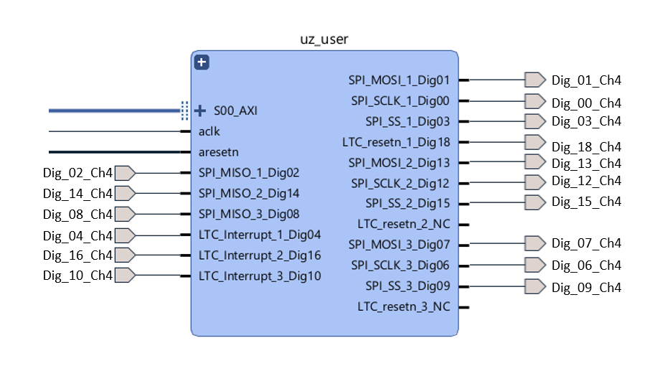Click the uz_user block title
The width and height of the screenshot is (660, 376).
(x=324, y=39)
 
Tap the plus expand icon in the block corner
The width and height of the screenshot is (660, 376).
(x=202, y=62)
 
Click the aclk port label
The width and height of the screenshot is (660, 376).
(x=209, y=132)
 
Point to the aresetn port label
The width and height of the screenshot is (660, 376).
(x=219, y=152)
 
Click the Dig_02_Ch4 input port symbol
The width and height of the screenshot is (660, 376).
(x=126, y=173)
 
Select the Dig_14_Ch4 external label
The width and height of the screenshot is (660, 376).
(x=77, y=194)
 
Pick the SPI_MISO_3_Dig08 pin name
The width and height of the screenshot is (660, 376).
(x=249, y=214)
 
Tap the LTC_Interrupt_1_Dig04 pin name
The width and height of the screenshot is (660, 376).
(x=260, y=235)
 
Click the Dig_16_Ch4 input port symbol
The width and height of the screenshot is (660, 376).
(x=126, y=255)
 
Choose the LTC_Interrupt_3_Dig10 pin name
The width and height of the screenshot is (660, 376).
(x=260, y=276)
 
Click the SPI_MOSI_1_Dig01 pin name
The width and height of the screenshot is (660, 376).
(x=399, y=80)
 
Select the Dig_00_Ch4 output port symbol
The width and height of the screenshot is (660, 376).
(x=535, y=100)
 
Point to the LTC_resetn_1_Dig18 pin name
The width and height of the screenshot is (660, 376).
(x=396, y=142)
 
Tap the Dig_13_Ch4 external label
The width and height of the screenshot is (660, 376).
(x=586, y=163)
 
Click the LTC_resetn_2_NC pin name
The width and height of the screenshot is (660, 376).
(x=404, y=225)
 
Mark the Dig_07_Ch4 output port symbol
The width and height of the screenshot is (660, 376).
(x=535, y=244)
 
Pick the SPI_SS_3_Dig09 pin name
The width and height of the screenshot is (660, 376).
(x=407, y=286)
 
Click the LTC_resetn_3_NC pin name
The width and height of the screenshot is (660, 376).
(x=404, y=307)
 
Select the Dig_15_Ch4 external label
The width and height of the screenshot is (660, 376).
(x=586, y=202)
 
